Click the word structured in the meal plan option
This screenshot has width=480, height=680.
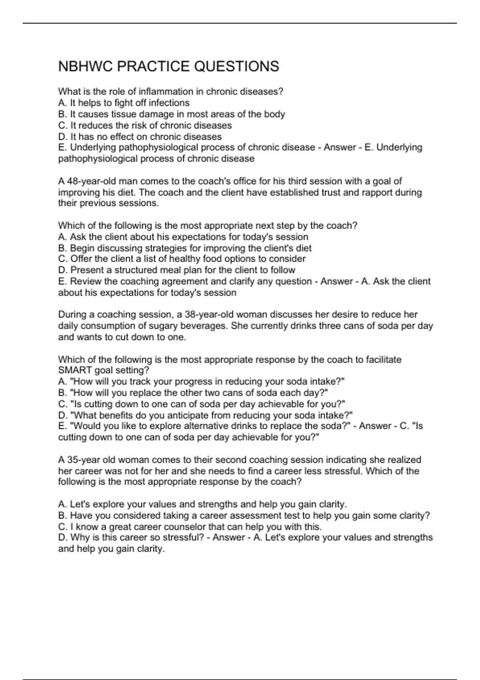click(x=130, y=270)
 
